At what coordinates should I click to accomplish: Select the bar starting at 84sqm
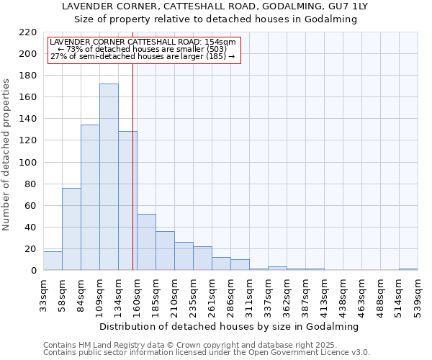(90, 197)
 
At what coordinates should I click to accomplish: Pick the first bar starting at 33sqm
(53, 261)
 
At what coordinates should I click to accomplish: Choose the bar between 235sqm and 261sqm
(202, 258)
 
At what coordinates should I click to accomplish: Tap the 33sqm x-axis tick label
(44, 297)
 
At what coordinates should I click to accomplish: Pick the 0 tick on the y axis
(34, 271)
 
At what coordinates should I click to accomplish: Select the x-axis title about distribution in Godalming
(229, 326)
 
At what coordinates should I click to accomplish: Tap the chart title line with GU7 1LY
(215, 6)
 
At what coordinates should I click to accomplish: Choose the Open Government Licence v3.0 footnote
(207, 352)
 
